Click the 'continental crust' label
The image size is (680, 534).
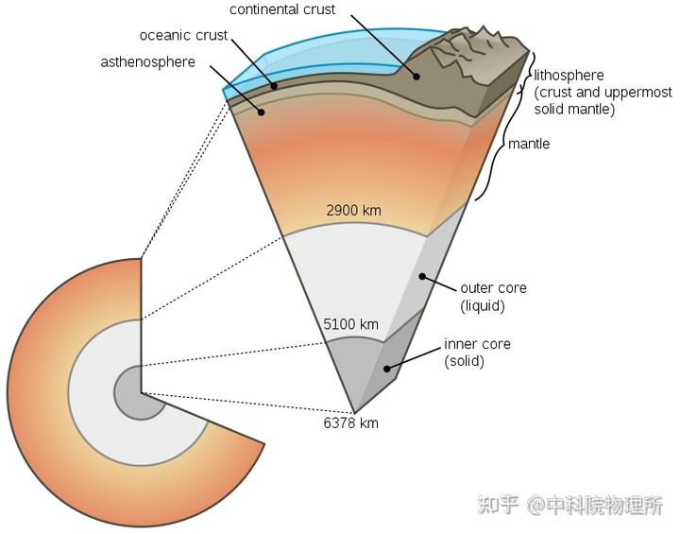pyautogui.click(x=282, y=9)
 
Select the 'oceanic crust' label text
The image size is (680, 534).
pyautogui.click(x=183, y=35)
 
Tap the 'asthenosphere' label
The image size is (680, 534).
pyautogui.click(x=148, y=62)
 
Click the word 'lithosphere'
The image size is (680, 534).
pyautogui.click(x=569, y=75)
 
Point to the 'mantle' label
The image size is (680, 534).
pyautogui.click(x=529, y=144)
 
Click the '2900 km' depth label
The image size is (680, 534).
pyautogui.click(x=353, y=211)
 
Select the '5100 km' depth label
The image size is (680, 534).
pyautogui.click(x=350, y=324)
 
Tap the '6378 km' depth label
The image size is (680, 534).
pyautogui.click(x=350, y=422)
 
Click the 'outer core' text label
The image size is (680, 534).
pyautogui.click(x=494, y=288)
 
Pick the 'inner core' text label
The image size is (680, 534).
pyautogui.click(x=477, y=344)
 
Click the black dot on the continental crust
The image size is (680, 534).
pyautogui.click(x=416, y=77)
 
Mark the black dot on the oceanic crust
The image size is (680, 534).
pyautogui.click(x=274, y=86)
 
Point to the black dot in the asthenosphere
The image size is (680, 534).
pyautogui.click(x=261, y=112)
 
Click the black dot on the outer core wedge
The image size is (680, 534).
pyautogui.click(x=422, y=277)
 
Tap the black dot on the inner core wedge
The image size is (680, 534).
pyautogui.click(x=387, y=369)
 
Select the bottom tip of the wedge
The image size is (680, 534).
pyautogui.click(x=355, y=413)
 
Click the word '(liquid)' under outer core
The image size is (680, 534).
pyautogui.click(x=483, y=306)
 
